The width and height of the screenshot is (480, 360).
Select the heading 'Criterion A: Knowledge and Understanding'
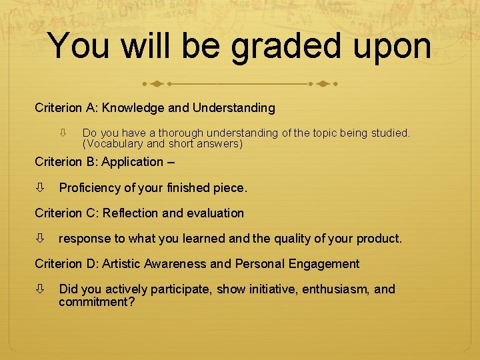pyautogui.click(x=155, y=107)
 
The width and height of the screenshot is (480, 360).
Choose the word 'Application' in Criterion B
pyautogui.click(x=131, y=161)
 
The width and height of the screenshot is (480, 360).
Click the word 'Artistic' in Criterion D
pyautogui.click(x=125, y=264)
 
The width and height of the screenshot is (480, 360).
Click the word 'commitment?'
pyautogui.click(x=97, y=302)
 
